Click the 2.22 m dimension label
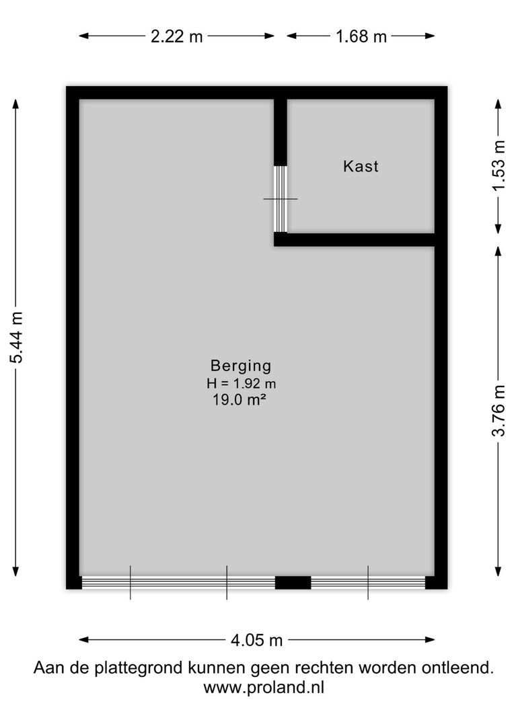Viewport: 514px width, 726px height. pyautogui.click(x=177, y=36)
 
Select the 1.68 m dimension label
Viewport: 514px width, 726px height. pyautogui.click(x=361, y=36)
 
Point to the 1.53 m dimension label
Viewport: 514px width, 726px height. pyautogui.click(x=498, y=165)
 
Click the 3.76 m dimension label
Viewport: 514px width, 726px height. pyautogui.click(x=498, y=410)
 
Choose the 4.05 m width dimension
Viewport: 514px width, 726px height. pyautogui.click(x=256, y=640)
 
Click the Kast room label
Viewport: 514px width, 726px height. pyautogui.click(x=361, y=166)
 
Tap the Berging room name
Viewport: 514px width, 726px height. pyautogui.click(x=241, y=366)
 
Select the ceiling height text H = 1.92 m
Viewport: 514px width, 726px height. pyautogui.click(x=242, y=384)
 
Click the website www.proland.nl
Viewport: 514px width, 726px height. pyautogui.click(x=264, y=688)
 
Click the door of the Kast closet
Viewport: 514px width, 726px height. pyautogui.click(x=281, y=199)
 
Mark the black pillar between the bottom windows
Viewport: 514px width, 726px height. pyautogui.click(x=293, y=582)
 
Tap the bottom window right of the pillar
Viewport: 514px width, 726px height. pyautogui.click(x=368, y=582)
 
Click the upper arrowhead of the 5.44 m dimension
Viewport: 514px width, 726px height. pyautogui.click(x=16, y=103)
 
